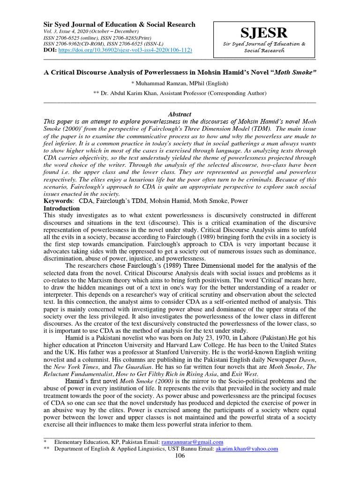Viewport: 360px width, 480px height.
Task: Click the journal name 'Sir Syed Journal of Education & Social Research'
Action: pos(120,24)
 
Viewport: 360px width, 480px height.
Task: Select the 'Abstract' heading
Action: pos(180,114)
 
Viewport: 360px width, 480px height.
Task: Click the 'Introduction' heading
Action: pos(61,208)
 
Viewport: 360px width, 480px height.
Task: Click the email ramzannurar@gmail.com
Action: pos(192,442)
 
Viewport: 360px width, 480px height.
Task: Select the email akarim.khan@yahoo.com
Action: pos(247,449)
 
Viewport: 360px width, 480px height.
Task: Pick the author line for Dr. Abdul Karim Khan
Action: pos(180,93)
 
